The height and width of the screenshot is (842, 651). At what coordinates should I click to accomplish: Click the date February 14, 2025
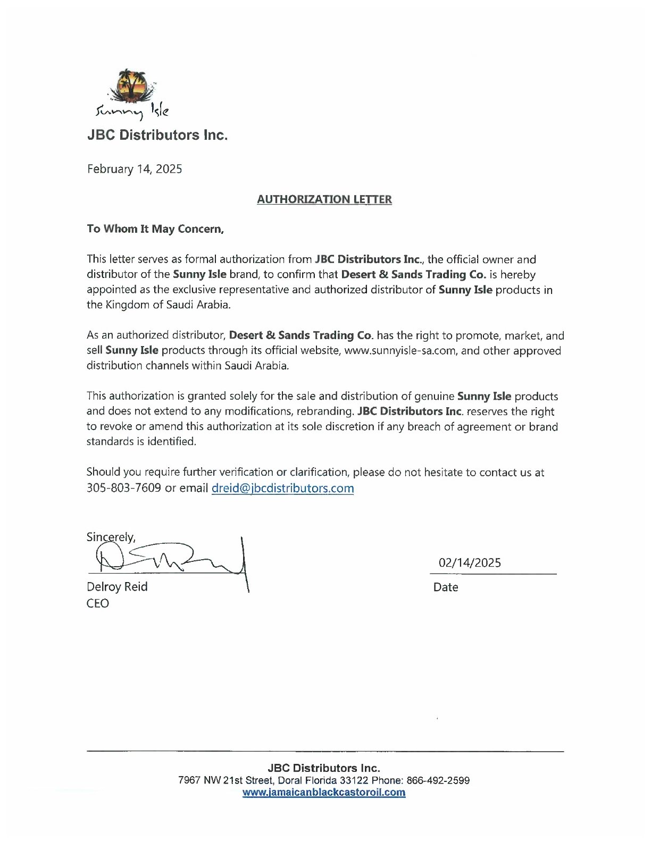click(134, 169)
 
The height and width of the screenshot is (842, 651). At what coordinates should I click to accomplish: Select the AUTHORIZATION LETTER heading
click(324, 199)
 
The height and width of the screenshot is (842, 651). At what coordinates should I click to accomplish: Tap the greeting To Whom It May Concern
click(155, 229)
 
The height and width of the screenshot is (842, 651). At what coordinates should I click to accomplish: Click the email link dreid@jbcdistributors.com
click(282, 488)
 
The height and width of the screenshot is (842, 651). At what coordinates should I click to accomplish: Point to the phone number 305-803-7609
click(123, 488)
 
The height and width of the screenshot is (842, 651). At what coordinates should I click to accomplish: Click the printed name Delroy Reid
click(117, 587)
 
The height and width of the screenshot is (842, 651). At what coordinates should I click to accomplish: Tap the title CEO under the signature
click(98, 603)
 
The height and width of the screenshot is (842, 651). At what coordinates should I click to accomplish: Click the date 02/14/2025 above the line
click(470, 563)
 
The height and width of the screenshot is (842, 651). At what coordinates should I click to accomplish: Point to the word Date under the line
click(446, 587)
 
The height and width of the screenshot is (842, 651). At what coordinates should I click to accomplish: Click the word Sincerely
click(111, 537)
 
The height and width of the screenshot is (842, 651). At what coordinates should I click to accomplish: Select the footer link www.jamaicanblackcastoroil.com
click(324, 793)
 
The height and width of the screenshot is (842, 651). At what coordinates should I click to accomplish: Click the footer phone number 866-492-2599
click(438, 781)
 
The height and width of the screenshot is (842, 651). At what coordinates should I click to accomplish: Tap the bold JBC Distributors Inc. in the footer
click(324, 768)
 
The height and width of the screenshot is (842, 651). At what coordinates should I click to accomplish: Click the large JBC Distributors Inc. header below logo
click(157, 135)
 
